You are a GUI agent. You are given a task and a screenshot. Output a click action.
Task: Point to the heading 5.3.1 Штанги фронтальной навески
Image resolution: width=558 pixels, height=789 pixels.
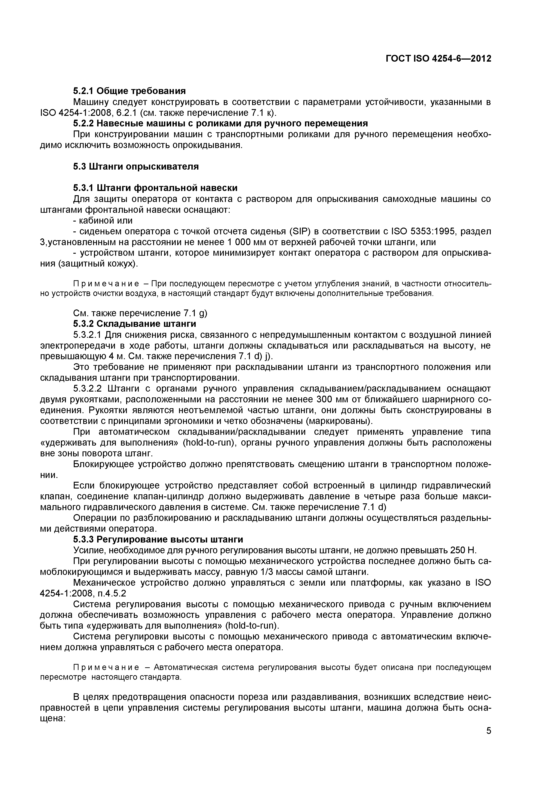point(155,188)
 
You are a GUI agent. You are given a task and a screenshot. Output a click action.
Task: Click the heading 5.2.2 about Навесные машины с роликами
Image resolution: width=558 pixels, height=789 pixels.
point(220,123)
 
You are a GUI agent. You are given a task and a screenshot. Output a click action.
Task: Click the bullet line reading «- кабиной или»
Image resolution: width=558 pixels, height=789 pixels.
point(103,220)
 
